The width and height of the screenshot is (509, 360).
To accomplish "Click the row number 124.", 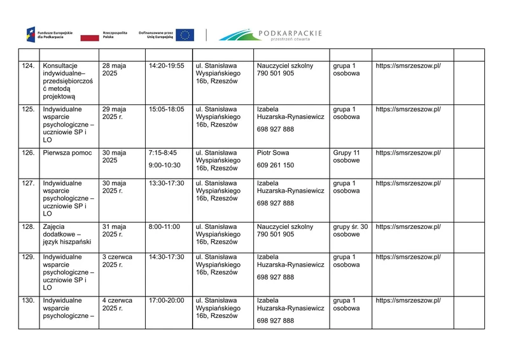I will pos(28,66).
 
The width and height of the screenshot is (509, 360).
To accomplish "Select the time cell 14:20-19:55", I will pos(166,66).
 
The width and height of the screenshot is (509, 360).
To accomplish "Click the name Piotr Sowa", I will pos(274,153).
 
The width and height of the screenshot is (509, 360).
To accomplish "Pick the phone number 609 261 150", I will pos(275,165).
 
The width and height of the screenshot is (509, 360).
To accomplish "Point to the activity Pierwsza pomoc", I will pos(67,153).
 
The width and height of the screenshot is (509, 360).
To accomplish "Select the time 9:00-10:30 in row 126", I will pos(164,165).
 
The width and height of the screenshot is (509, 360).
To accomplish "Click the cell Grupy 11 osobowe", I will pos(347,157).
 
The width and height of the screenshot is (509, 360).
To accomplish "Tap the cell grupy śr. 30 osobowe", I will pos(350,231).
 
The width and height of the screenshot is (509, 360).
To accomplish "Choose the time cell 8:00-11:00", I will pos(164,227).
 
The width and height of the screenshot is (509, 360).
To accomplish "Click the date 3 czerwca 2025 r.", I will pos(117,261).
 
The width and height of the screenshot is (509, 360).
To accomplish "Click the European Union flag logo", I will pos(185,35).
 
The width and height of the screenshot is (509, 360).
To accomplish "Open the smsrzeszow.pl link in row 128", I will pos(408,227).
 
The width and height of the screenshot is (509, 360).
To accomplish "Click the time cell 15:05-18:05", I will pos(166,109).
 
